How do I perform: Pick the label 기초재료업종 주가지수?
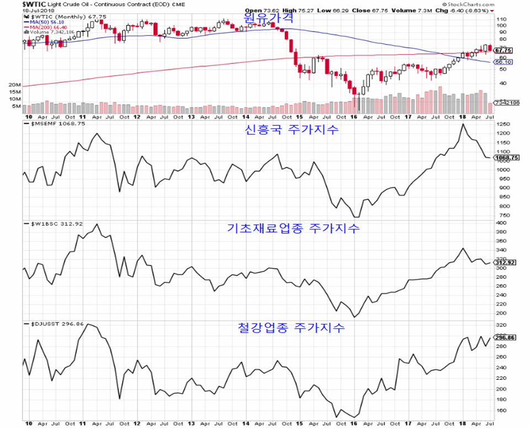[x=293, y=228]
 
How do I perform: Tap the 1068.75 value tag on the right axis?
[x=506, y=157]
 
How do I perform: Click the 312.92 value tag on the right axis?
[x=505, y=262]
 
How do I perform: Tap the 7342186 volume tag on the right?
[x=506, y=103]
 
